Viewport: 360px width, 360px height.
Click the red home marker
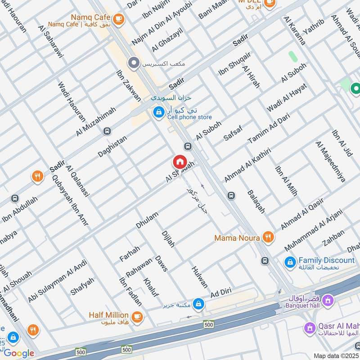179,162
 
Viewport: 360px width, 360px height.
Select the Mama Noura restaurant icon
268,237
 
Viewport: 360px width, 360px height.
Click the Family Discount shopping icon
290,261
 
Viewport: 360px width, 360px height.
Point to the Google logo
19,353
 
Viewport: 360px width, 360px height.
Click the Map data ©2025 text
336,355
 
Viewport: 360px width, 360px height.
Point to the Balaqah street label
256,201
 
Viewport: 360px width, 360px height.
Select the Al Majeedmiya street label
330,162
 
